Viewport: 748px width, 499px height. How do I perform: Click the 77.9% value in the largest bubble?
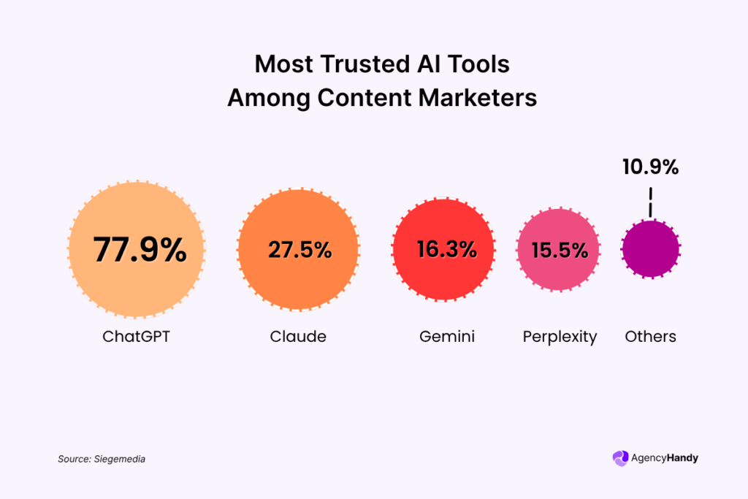click(x=140, y=249)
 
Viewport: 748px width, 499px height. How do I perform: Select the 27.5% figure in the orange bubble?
click(x=299, y=250)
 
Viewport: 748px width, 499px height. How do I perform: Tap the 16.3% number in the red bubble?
click(x=447, y=250)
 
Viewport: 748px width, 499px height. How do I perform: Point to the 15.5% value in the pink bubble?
click(x=560, y=251)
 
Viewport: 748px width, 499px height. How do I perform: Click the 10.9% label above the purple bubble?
click(x=650, y=167)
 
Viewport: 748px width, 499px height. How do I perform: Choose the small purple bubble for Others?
click(x=651, y=249)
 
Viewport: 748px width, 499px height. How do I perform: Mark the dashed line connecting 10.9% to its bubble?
click(x=650, y=202)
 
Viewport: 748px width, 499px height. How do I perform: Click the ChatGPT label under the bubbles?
click(x=136, y=337)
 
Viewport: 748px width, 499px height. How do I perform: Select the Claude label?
click(x=298, y=337)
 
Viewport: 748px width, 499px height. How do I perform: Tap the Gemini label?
click(x=447, y=337)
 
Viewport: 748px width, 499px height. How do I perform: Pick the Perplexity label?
click(x=560, y=337)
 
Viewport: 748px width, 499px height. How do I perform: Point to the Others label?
click(x=650, y=337)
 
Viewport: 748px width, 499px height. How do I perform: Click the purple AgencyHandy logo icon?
click(x=620, y=458)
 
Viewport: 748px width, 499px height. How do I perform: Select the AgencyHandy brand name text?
click(x=665, y=458)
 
